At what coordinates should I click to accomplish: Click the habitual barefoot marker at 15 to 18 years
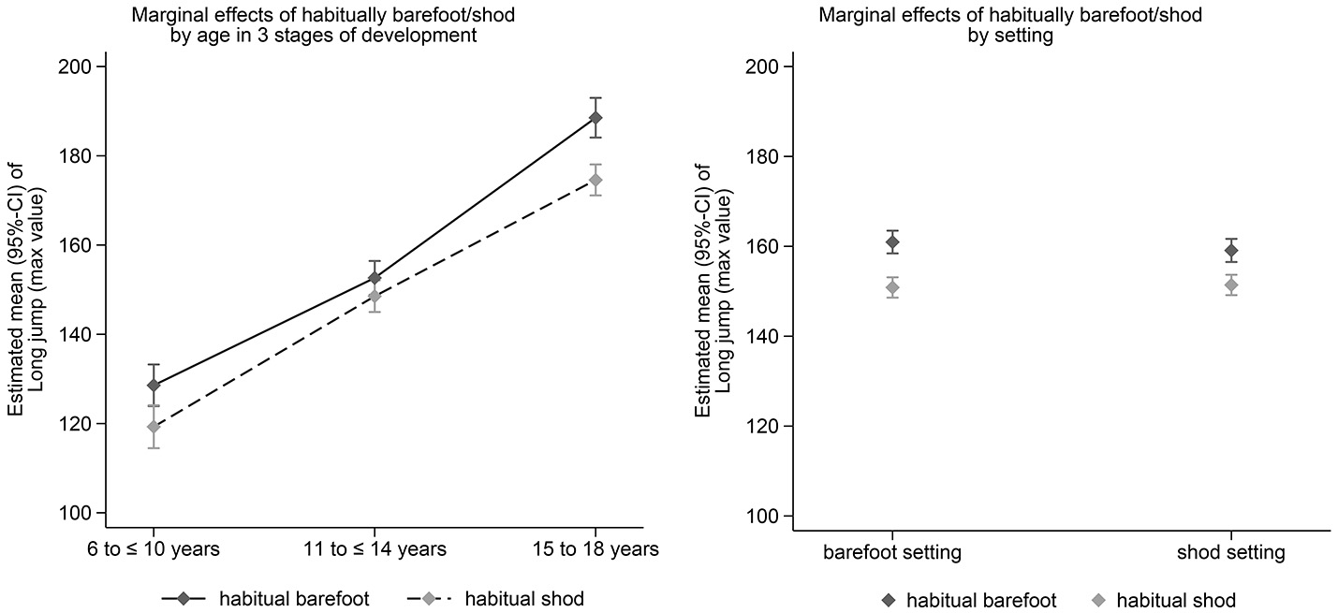[x=595, y=118]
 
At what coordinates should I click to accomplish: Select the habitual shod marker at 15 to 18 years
[x=595, y=180]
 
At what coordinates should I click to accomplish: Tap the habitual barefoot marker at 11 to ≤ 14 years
[x=375, y=278]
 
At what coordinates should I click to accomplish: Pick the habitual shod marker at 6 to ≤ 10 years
[x=154, y=427]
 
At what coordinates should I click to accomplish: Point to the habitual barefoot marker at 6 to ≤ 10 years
[x=154, y=385]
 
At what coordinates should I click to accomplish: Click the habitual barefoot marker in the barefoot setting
[x=892, y=243]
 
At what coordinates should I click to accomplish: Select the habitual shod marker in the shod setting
[x=1230, y=285]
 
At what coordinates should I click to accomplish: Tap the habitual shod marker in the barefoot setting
[x=892, y=287]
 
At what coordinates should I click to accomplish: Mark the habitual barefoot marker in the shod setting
[x=1230, y=251]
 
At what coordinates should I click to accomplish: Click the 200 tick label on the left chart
[x=79, y=67]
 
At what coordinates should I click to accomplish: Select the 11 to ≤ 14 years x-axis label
[x=375, y=549]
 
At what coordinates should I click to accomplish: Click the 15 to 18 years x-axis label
[x=595, y=549]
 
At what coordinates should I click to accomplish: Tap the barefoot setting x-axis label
[x=892, y=552]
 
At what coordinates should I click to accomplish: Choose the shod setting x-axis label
[x=1230, y=552]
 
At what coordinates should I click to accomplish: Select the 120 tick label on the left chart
[x=79, y=424]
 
